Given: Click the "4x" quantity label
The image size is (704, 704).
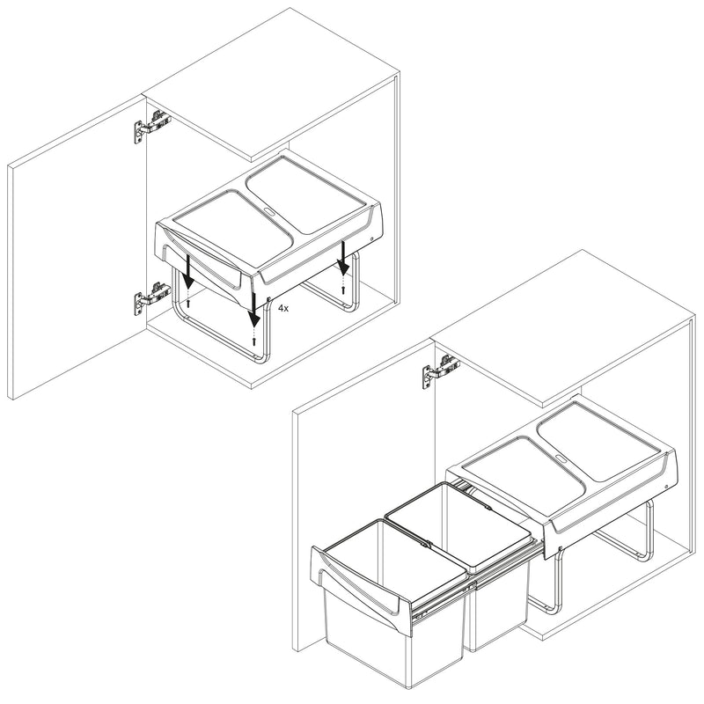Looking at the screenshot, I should point(283,310).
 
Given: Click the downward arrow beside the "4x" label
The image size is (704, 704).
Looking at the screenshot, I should point(256,304).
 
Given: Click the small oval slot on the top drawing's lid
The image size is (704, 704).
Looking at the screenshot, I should point(268,212).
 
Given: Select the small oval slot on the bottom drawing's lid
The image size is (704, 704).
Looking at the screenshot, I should point(560,458).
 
